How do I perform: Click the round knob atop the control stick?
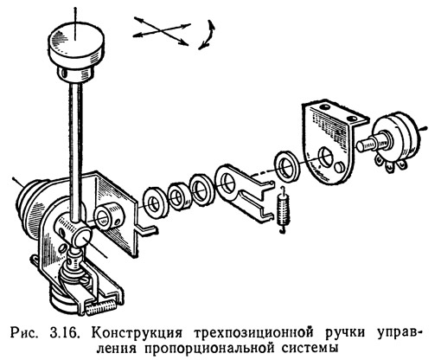point(76,46)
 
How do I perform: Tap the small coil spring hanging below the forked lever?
point(284,210)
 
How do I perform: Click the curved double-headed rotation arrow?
point(208,35)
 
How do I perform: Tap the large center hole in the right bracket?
point(326,157)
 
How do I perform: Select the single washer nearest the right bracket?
point(287,166)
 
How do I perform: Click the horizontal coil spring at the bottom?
point(101,308)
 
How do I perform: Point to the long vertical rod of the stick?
point(76,150)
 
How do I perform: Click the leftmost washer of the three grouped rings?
point(154,202)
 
